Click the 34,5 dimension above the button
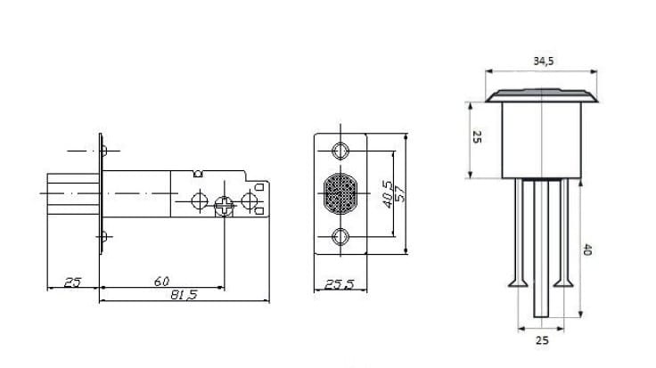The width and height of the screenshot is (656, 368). click(543, 61)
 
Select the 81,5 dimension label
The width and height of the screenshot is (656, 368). click(184, 295)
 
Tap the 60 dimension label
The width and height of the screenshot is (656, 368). click(161, 282)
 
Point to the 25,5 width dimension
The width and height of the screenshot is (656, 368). click(340, 285)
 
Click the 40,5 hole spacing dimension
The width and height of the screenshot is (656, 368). click(388, 194)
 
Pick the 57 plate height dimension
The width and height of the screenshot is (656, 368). click(400, 194)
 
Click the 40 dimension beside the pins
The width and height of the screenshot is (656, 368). click(587, 249)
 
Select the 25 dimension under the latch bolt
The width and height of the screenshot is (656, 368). click(72, 282)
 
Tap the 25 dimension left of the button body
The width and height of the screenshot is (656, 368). click(477, 136)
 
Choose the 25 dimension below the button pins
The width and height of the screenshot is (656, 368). click(542, 340)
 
